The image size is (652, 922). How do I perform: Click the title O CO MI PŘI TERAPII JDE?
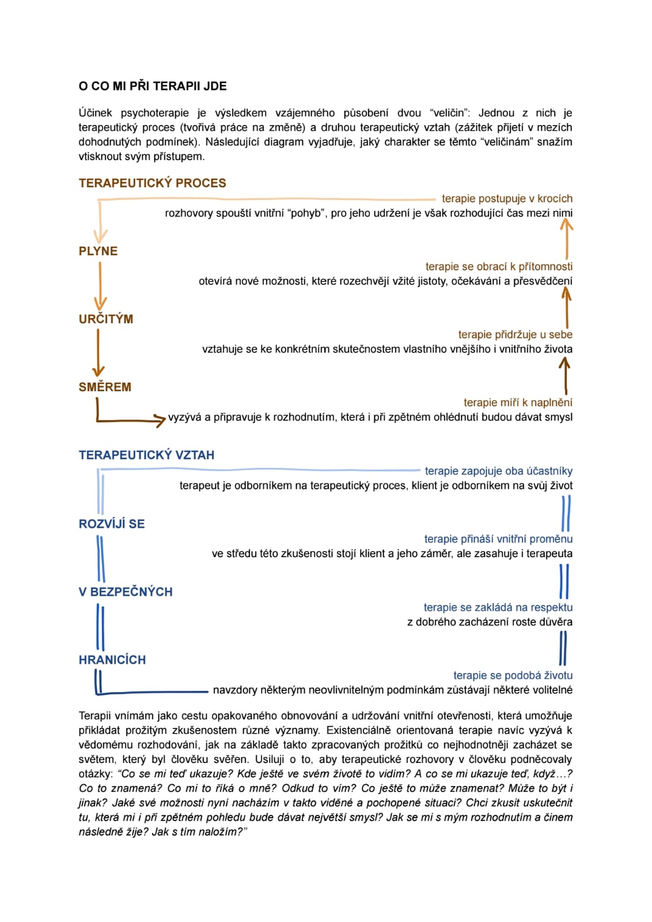[x=153, y=86]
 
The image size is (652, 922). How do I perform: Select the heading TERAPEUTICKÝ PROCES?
[x=152, y=183]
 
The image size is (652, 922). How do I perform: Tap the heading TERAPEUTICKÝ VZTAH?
[x=146, y=455]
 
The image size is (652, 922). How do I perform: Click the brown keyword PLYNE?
[x=98, y=251]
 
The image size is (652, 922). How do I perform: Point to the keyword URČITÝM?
[x=106, y=319]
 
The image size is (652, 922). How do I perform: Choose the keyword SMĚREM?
[x=105, y=387]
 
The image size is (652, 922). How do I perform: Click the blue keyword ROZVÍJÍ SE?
[x=112, y=524]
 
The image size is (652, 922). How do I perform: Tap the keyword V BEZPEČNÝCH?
[x=126, y=592]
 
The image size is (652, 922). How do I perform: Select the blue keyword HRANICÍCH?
[x=112, y=660]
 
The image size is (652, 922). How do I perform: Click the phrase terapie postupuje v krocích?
[x=507, y=199]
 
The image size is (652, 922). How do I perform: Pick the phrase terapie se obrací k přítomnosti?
[x=499, y=267]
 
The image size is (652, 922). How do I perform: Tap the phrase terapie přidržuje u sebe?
[x=515, y=335]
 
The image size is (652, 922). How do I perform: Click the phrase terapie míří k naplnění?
[x=518, y=403]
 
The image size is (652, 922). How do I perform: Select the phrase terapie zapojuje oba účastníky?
[x=498, y=471]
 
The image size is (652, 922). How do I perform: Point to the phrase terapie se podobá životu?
[x=513, y=675]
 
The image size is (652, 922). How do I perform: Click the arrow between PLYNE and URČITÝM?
[x=100, y=285]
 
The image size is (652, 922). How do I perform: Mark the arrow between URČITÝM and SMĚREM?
[x=98, y=353]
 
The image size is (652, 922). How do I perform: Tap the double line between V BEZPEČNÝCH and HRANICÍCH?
[x=100, y=626]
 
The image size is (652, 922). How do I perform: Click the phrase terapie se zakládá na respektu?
[x=498, y=607]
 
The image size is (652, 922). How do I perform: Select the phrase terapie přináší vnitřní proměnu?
[x=498, y=539]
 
